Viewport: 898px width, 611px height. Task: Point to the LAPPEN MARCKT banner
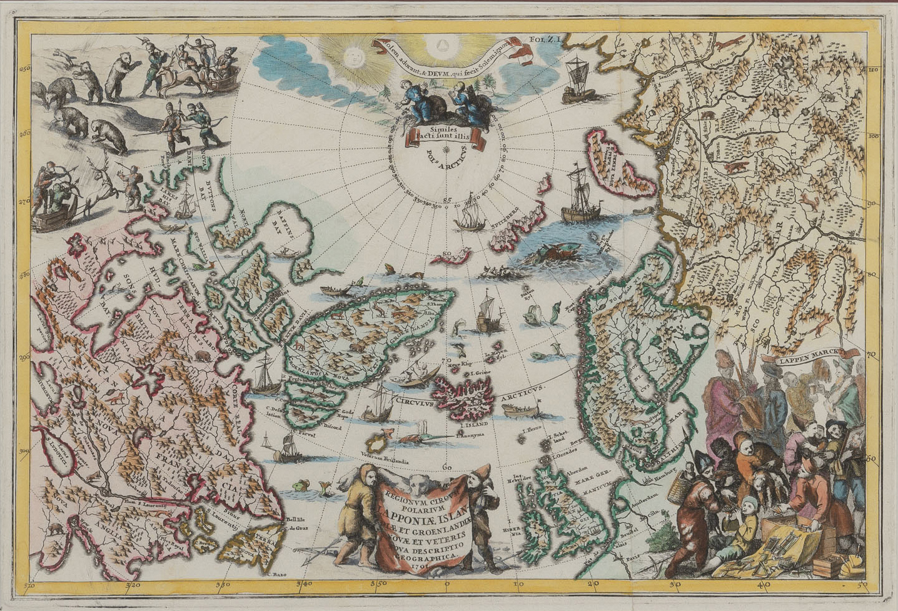pos(803,358)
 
